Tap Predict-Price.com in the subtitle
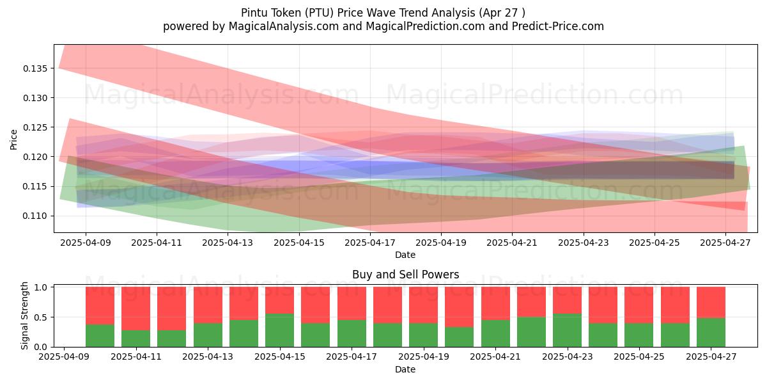tap(558, 26)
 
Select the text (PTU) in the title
tap(322, 13)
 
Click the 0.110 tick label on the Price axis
tap(35, 216)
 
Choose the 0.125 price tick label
tap(35, 127)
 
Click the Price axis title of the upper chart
tap(13, 140)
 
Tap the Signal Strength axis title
tap(24, 316)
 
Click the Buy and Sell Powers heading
tap(405, 275)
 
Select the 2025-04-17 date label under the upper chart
tap(370, 243)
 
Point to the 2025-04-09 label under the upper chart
tap(86, 243)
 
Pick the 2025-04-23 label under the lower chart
tap(568, 356)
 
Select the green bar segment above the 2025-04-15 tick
tap(279, 330)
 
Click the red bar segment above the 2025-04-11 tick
tap(136, 308)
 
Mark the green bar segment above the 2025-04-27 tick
tap(711, 332)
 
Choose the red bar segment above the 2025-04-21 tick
tap(495, 303)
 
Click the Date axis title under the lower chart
tap(405, 369)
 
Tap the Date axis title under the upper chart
tap(405, 255)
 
